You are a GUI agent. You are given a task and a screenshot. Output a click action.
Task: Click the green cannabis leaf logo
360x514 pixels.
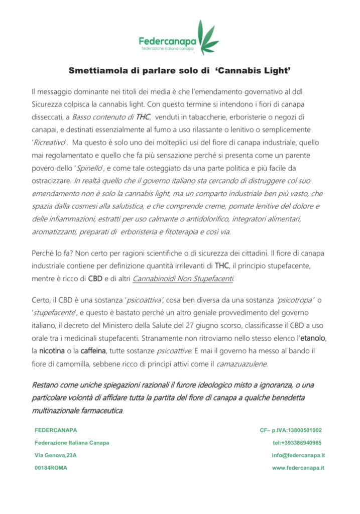point(207,37)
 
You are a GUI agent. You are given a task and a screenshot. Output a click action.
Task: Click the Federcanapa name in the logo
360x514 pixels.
point(168,40)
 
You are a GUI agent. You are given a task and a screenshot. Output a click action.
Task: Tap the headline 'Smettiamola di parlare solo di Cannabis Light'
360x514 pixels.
point(180,72)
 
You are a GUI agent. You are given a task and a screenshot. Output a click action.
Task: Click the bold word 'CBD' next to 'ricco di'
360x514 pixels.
point(95,278)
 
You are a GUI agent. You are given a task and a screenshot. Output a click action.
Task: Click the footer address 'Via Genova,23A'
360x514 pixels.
point(55,455)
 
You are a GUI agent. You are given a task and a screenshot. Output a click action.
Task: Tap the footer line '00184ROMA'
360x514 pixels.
point(51,467)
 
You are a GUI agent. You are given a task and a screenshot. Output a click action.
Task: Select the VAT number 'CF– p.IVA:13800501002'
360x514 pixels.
point(291,430)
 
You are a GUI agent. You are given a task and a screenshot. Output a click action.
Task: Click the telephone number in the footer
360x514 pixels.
point(297,443)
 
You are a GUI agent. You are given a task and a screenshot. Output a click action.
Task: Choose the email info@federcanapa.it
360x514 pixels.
point(298,455)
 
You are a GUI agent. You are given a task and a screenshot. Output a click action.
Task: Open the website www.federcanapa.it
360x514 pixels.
point(298,467)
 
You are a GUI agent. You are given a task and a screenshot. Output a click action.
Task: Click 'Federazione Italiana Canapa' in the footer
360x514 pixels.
point(71,443)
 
